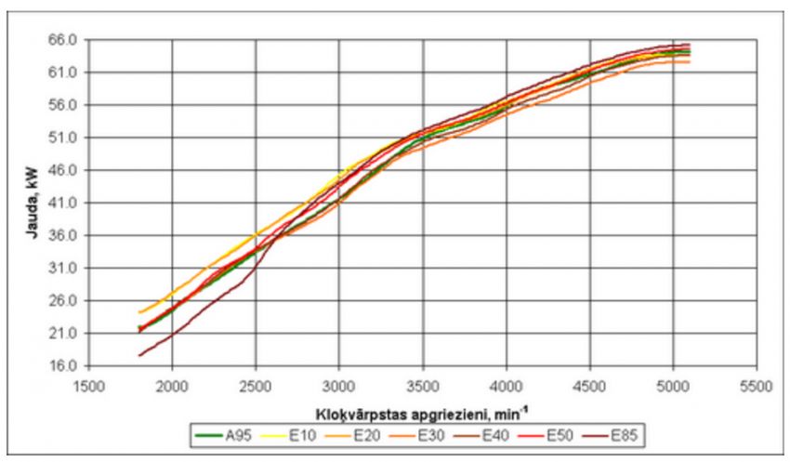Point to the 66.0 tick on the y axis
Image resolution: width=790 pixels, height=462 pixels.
pos(62,40)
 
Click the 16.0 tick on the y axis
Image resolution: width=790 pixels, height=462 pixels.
pos(62,365)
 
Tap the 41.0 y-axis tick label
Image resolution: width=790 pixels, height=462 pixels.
pos(62,203)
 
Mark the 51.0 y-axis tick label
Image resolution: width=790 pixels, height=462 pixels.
pos(62,138)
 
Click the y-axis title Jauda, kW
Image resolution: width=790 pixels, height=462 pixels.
pos(30,203)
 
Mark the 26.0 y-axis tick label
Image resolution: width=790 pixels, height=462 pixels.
pos(62,300)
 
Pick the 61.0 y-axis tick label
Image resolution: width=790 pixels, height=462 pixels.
pos(62,73)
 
